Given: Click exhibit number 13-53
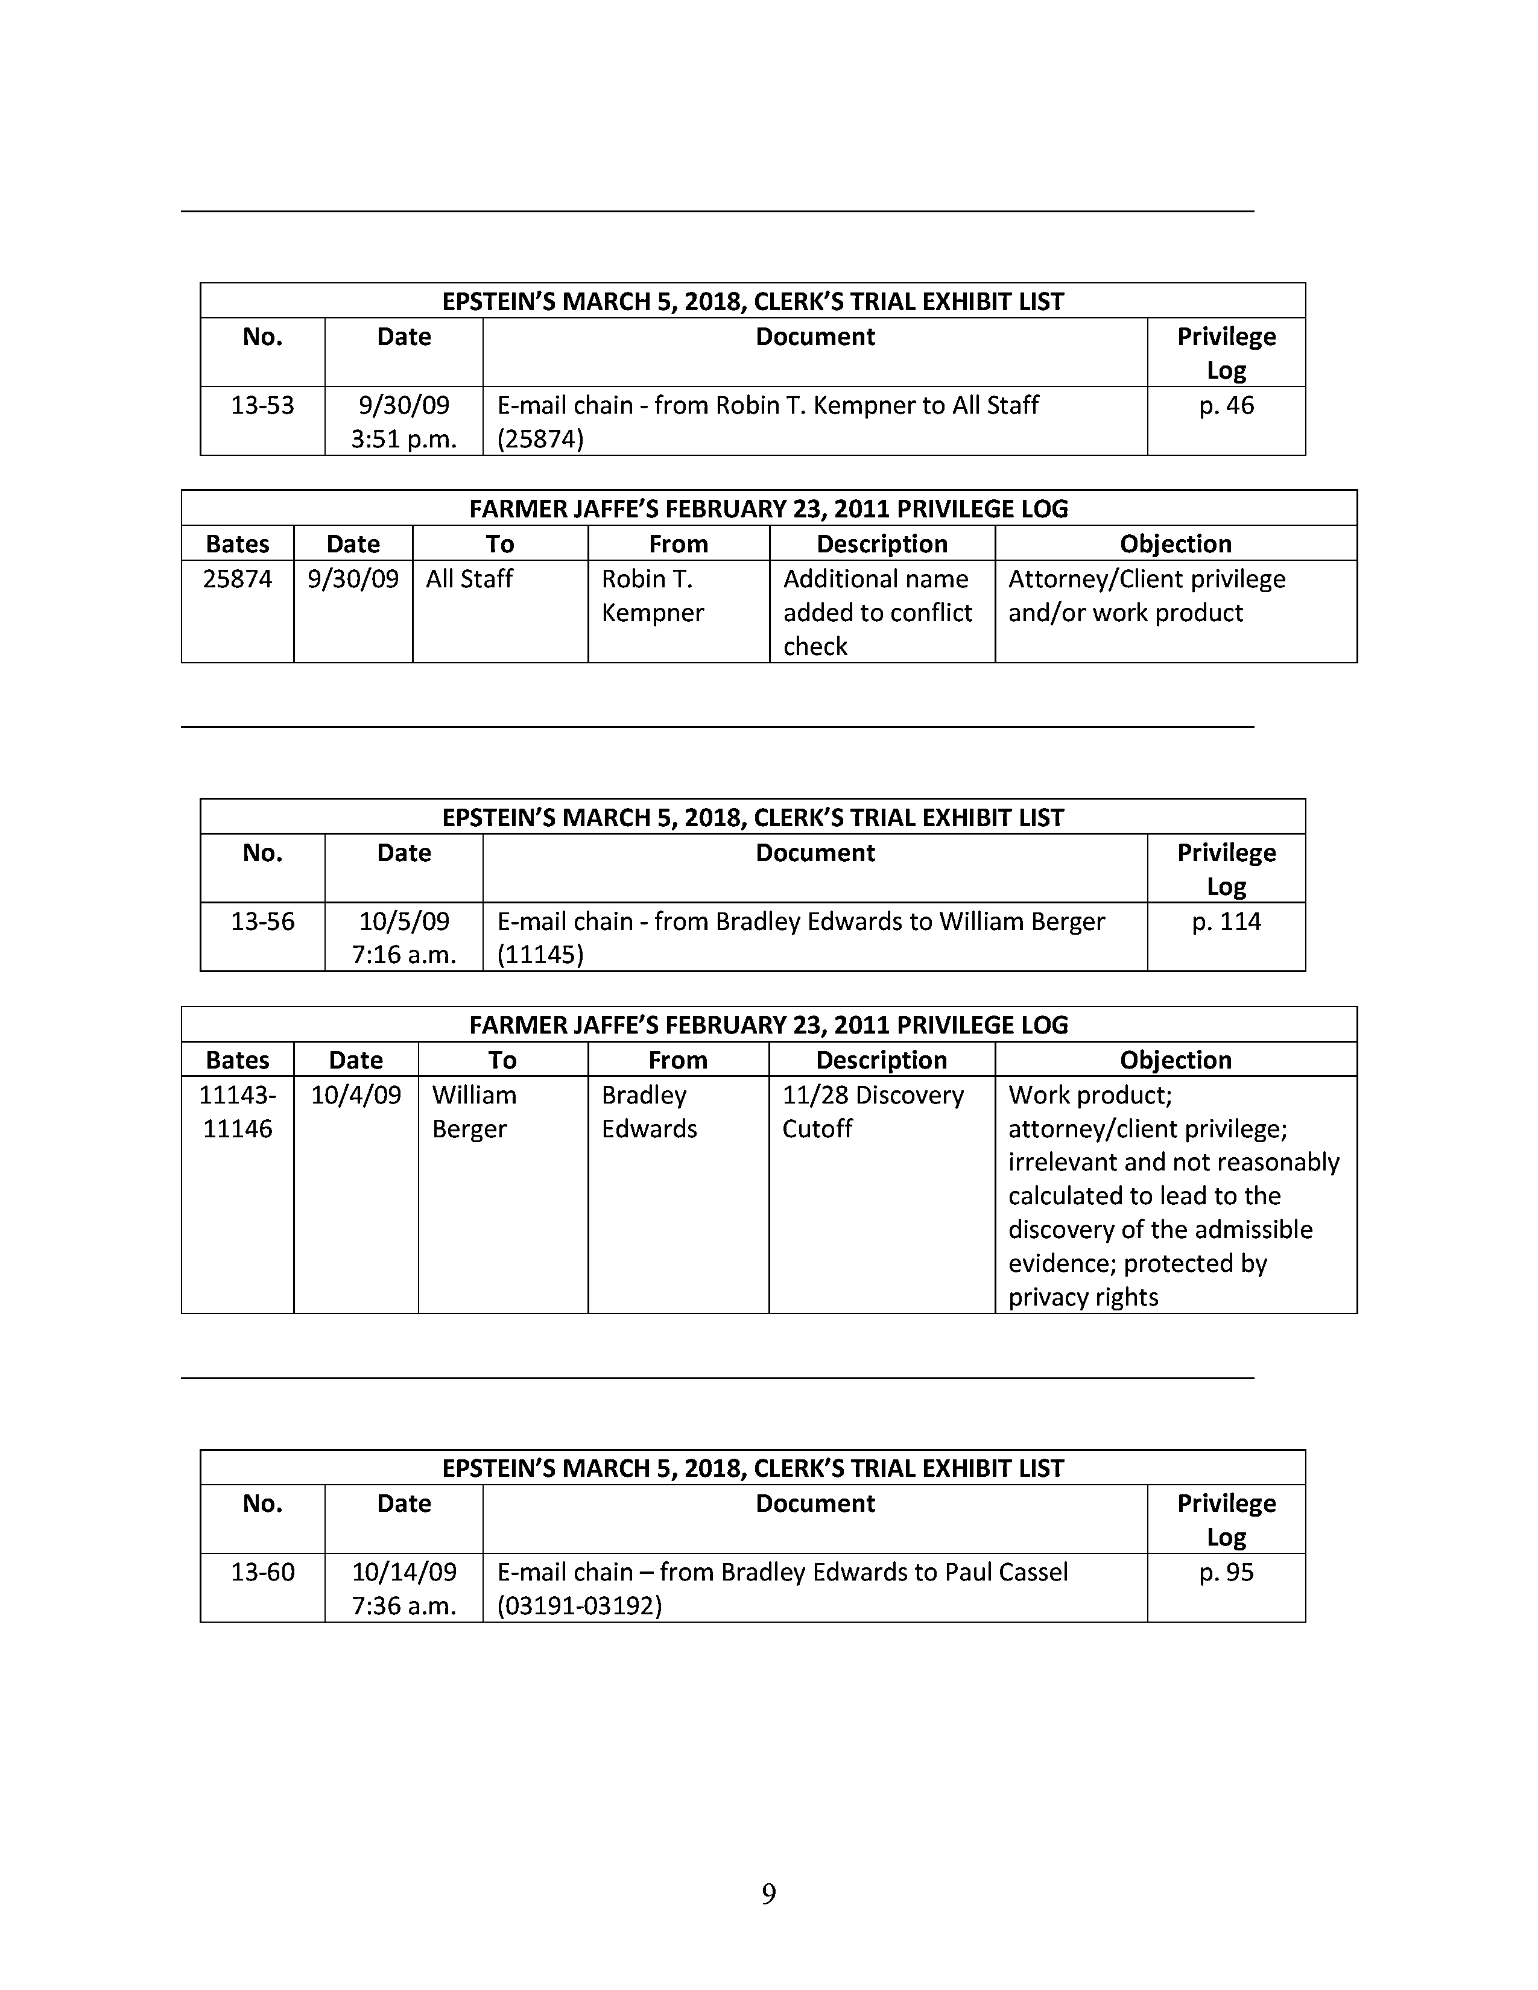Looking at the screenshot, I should pos(262,405).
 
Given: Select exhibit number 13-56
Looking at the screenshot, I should pos(262,921).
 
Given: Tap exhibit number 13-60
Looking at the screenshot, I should pos(262,1571).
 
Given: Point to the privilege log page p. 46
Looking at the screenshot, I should pos(1226,405).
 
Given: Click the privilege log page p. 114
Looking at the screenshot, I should pos(1226,921).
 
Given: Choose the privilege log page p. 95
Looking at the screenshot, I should pos(1226,1571).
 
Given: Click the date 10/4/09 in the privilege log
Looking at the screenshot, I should pos(355,1095).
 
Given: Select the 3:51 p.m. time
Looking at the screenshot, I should pos(403,439).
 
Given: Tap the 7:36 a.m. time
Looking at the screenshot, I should pos(403,1605).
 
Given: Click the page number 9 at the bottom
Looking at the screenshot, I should pos(768,1894).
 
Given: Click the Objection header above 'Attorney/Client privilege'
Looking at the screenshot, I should pos(1176,544).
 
